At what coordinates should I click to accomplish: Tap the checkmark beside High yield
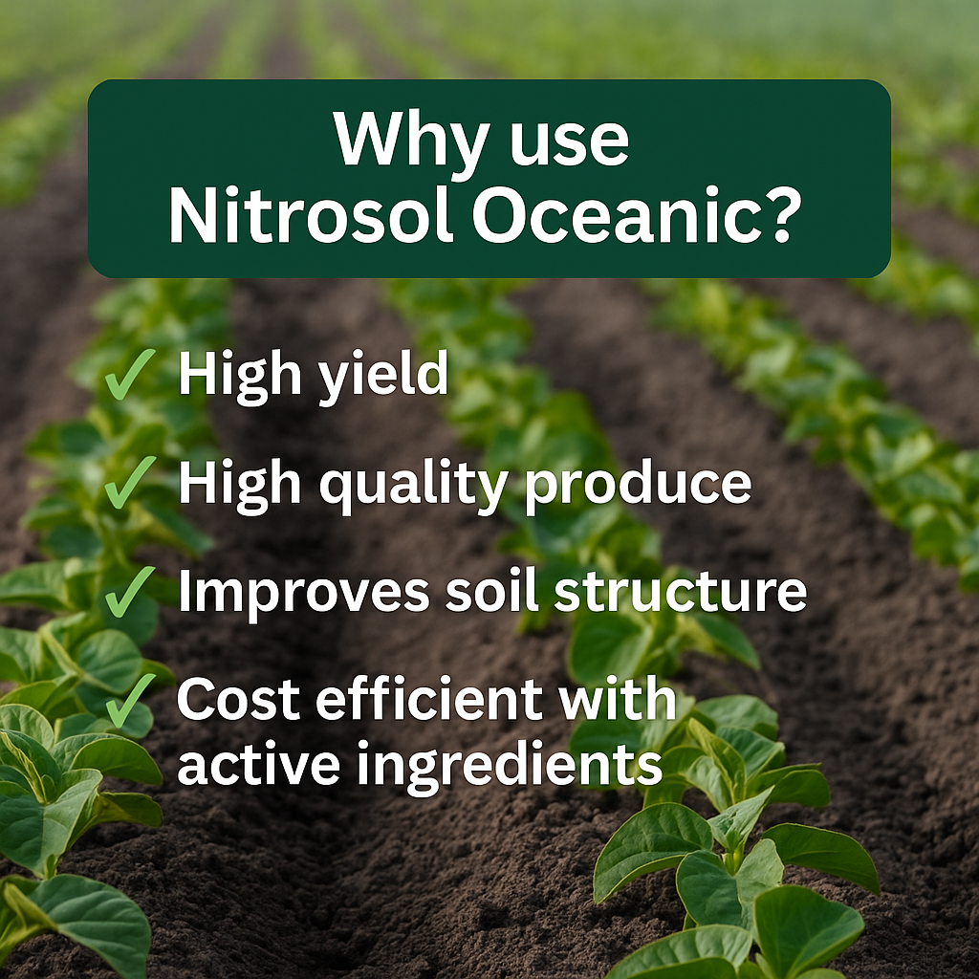coord(129,374)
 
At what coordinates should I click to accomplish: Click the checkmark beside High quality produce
coord(129,482)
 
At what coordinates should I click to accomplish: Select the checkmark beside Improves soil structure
coord(129,591)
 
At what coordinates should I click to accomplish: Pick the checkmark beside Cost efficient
coord(129,701)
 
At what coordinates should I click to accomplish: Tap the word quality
coord(413,486)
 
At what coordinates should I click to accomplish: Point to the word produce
coord(638,487)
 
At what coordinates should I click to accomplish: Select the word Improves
coord(304,594)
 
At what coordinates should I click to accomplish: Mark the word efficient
coord(429,698)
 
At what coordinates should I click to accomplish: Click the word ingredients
coord(510,768)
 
